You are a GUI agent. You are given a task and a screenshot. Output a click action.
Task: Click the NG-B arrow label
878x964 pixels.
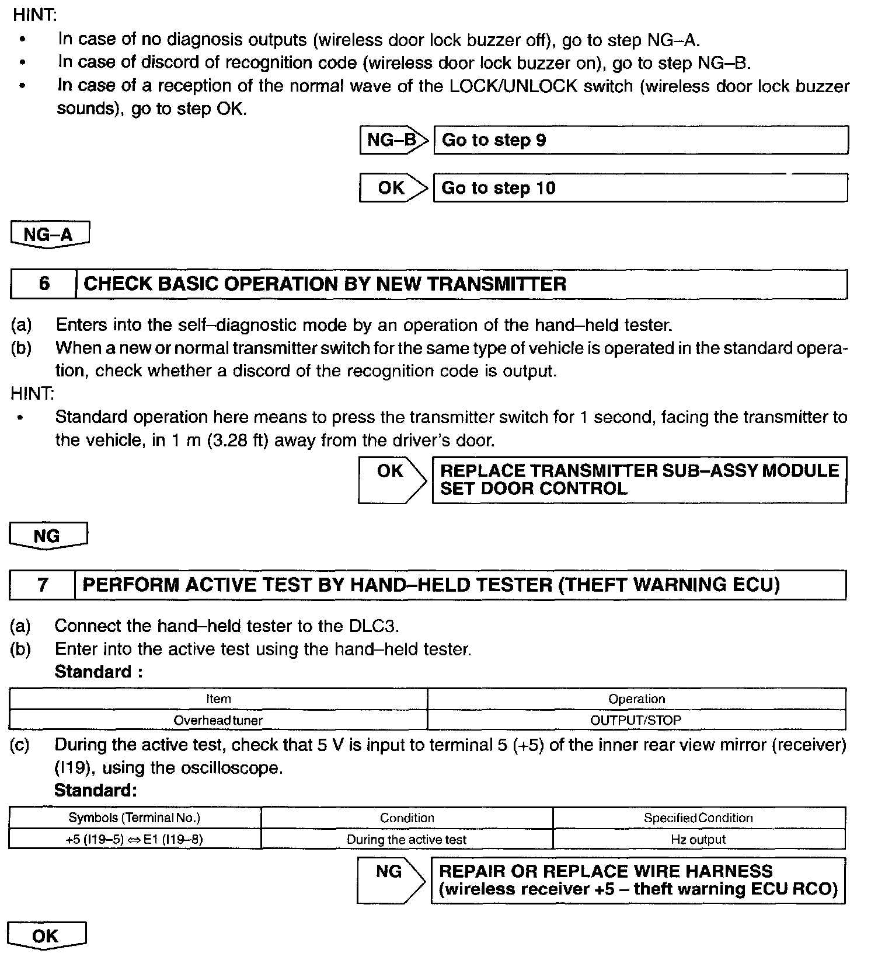(x=393, y=140)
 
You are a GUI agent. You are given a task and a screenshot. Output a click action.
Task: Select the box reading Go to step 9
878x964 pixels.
(x=640, y=141)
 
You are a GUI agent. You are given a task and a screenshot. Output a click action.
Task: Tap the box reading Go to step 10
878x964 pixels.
(x=640, y=188)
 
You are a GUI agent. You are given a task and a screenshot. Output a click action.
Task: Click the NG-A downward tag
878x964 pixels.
(x=50, y=235)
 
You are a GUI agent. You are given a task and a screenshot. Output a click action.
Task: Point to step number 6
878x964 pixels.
(x=44, y=284)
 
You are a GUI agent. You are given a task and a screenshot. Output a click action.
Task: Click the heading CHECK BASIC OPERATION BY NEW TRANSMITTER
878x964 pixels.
(x=325, y=284)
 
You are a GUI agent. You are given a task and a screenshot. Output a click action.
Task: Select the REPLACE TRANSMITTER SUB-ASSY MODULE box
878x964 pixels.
(x=639, y=480)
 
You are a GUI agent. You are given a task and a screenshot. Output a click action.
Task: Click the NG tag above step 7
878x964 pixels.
(x=48, y=536)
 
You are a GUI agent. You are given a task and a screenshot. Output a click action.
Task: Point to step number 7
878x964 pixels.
(x=43, y=585)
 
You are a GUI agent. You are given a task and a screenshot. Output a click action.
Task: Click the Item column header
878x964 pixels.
(x=218, y=699)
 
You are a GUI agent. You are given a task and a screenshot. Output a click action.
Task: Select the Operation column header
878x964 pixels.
(x=636, y=699)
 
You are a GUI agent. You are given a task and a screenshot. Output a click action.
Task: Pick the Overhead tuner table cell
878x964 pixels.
(x=218, y=720)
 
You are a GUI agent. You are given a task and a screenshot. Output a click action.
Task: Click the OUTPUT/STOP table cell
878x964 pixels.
(x=636, y=720)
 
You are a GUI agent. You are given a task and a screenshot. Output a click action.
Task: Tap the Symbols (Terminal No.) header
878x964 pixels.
(x=135, y=818)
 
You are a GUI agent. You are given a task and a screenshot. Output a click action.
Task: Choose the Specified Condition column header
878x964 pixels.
(x=698, y=818)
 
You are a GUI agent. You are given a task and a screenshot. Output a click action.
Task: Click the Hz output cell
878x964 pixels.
(x=698, y=840)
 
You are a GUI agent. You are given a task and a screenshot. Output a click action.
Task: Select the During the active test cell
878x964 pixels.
(x=407, y=840)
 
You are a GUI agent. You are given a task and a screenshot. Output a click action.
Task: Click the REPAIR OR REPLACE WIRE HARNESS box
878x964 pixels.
(x=637, y=881)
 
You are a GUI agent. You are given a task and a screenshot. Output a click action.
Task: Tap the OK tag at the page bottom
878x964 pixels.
(x=46, y=936)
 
